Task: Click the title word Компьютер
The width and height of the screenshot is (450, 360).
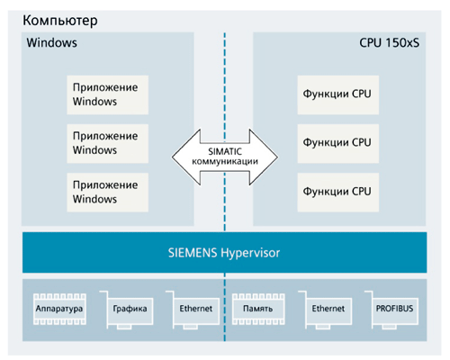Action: (x=60, y=21)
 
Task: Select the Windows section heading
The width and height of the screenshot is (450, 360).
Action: (x=51, y=42)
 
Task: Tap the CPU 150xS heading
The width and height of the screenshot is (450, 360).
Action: (x=389, y=42)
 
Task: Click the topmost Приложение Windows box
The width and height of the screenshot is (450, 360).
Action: (x=107, y=94)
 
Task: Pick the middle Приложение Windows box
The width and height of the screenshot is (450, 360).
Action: (x=107, y=143)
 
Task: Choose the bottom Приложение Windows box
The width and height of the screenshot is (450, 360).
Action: (x=107, y=193)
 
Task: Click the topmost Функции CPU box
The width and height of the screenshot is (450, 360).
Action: (x=338, y=94)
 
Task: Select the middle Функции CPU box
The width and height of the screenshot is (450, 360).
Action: (x=338, y=143)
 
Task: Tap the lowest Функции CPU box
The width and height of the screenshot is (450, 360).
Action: (x=338, y=193)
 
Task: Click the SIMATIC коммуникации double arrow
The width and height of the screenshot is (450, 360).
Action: (x=225, y=157)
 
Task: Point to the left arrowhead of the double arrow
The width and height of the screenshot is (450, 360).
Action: (x=172, y=157)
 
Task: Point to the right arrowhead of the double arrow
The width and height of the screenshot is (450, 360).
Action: (x=278, y=157)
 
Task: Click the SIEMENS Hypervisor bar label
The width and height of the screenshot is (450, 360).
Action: (x=224, y=253)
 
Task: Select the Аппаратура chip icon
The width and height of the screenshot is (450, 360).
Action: (x=59, y=309)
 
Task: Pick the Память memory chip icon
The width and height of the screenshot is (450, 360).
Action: (x=258, y=309)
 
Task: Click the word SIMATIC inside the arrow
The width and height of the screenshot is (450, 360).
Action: (x=225, y=151)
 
